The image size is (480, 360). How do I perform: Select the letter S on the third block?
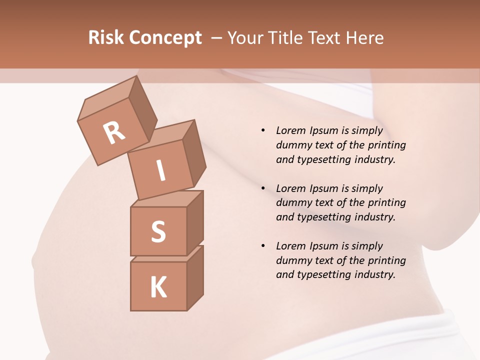(158, 231)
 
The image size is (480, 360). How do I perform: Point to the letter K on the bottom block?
(158, 287)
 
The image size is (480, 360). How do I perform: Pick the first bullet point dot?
(263, 130)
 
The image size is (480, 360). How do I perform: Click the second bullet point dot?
(263, 188)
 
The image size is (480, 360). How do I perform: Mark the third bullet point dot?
(263, 246)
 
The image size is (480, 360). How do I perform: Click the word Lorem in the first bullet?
(290, 130)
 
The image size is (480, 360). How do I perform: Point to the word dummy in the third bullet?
(291, 260)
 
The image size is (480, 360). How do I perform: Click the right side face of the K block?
(195, 277)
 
